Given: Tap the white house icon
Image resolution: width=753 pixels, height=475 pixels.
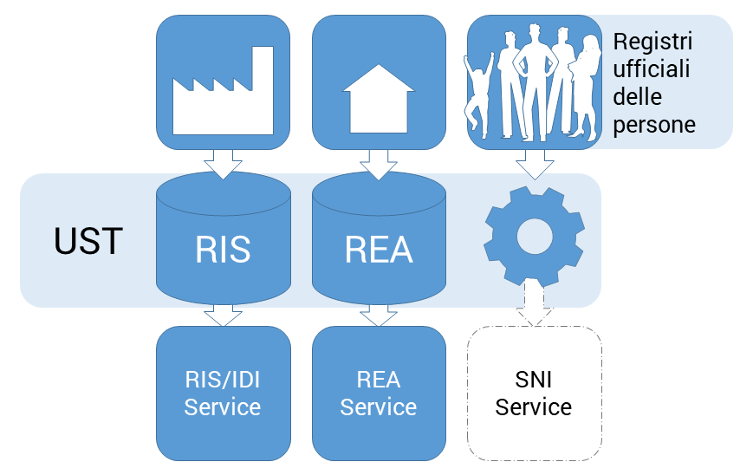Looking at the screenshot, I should coord(379,97).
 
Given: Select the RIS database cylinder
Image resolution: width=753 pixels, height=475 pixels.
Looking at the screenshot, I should coord(223,240).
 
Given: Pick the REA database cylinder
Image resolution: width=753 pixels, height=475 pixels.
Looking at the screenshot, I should coord(379,240).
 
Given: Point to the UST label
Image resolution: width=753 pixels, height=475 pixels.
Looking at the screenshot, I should coord(88,242).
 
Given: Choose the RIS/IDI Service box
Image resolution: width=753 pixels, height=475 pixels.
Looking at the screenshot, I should coord(223,393).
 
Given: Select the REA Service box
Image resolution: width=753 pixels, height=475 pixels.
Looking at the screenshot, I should coord(379,393).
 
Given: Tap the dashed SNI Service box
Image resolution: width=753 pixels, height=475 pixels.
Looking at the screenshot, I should coord(534,393).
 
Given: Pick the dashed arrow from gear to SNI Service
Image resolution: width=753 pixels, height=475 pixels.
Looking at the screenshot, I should coord(534,305).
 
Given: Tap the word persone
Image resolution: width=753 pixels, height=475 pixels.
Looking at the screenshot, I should coord(653,124).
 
